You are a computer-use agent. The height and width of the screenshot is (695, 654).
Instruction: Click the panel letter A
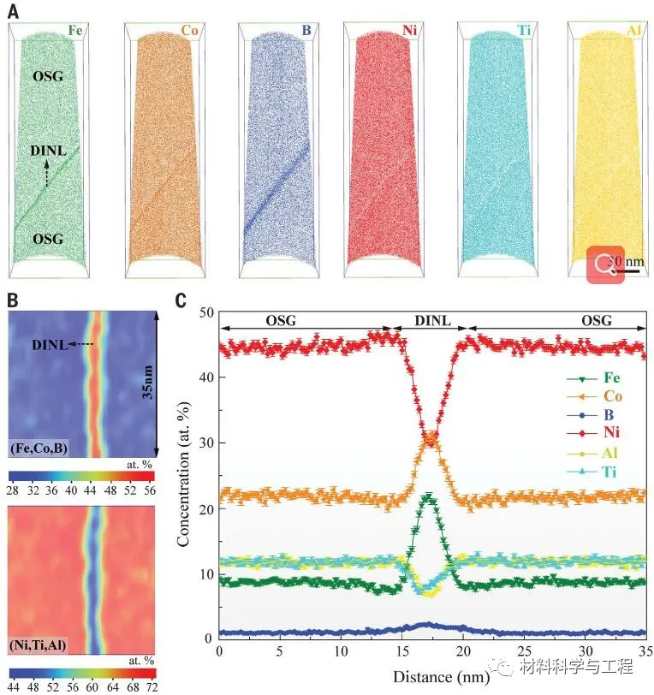point(14,11)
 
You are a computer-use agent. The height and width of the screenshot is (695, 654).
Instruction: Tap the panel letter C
point(181,300)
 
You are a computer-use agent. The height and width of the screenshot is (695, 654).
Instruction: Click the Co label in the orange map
point(189,32)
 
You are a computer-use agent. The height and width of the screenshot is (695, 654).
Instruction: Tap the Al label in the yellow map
point(634,32)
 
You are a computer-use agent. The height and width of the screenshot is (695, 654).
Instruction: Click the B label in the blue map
point(306,32)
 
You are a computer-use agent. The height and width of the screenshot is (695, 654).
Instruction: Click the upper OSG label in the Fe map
point(47,78)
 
